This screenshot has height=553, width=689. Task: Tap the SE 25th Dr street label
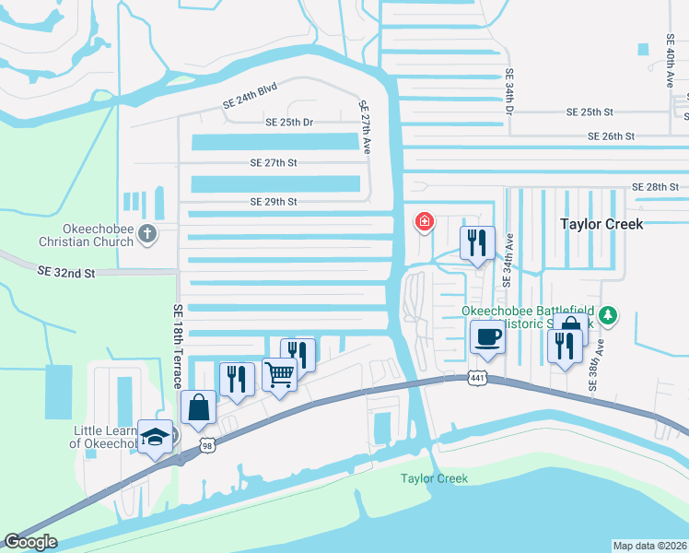(289, 122)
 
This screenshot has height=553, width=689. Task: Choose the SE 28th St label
(655, 187)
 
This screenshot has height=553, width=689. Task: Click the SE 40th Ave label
(670, 61)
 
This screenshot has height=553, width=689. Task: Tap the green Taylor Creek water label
(434, 478)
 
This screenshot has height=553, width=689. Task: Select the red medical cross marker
(425, 221)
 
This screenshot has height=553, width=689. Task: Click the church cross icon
(146, 234)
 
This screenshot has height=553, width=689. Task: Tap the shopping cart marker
(279, 373)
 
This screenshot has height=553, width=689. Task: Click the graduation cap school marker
(156, 435)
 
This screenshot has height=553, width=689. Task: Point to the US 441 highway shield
(476, 378)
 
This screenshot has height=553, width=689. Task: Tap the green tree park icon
(608, 316)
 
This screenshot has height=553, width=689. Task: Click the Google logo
(30, 541)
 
